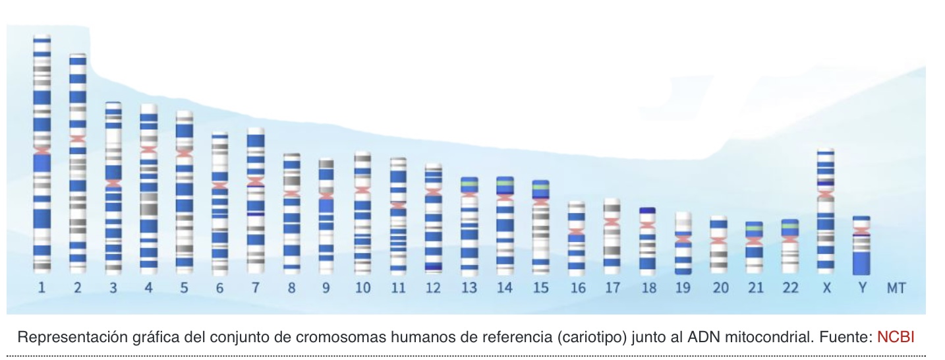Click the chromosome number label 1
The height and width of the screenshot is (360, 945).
(42, 288)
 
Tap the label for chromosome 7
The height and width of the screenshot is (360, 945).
(255, 288)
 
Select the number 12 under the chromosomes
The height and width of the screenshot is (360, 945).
(433, 288)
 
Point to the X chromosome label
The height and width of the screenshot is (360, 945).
(825, 288)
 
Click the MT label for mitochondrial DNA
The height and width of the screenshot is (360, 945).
(895, 288)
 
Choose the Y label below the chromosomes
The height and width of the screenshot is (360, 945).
(861, 288)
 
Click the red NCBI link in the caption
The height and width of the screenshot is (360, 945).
(896, 338)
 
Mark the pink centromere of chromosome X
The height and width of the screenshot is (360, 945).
(826, 193)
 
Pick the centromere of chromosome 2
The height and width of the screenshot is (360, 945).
(78, 139)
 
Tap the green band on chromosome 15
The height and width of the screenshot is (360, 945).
(540, 187)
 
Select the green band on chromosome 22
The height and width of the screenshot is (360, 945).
(789, 227)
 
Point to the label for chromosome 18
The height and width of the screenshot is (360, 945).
(648, 288)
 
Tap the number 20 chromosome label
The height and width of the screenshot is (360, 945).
(720, 288)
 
